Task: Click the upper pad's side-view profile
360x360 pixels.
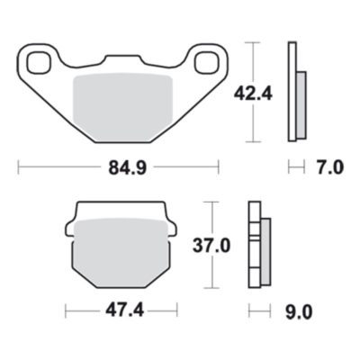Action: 294,92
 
